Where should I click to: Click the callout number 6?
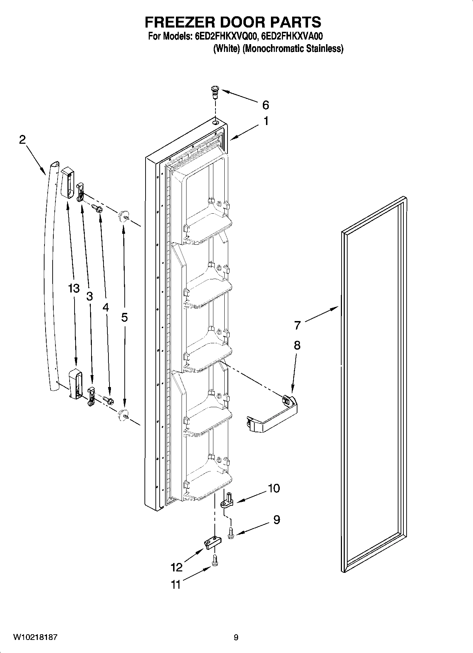click(266, 105)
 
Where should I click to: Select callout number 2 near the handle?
click(22, 140)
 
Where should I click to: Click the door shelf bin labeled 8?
click(272, 415)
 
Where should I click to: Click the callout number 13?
click(74, 289)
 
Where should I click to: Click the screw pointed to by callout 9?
click(231, 533)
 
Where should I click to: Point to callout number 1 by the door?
click(266, 121)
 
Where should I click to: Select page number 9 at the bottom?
click(236, 637)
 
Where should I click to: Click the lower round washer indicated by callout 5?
click(122, 415)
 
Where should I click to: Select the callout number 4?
click(106, 307)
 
